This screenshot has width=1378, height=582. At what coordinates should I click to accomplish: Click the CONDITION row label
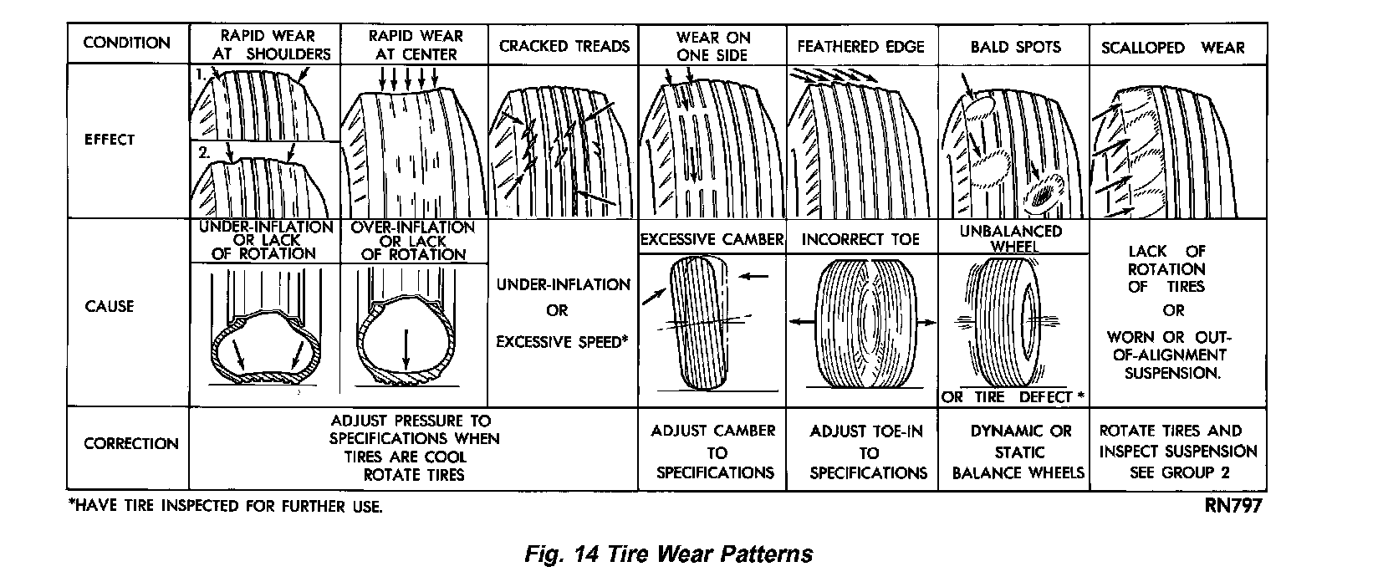click(127, 43)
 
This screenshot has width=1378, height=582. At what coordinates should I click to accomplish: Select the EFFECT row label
click(110, 140)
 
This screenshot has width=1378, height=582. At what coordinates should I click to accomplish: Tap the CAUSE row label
click(110, 306)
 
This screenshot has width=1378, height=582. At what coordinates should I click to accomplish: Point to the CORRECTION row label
click(131, 444)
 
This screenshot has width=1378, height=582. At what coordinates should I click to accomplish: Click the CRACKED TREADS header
click(564, 46)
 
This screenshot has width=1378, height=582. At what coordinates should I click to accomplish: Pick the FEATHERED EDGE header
click(860, 46)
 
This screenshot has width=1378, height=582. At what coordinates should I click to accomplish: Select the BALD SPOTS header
click(1015, 47)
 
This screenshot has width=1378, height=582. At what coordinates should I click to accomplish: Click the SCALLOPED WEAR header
click(1172, 48)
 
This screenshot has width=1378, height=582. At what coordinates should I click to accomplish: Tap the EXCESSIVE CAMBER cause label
click(712, 240)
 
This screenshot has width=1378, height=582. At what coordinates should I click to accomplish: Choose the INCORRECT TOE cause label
click(860, 240)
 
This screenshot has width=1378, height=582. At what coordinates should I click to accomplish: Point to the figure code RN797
click(1233, 506)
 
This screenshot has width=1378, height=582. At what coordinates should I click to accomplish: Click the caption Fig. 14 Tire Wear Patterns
click(668, 554)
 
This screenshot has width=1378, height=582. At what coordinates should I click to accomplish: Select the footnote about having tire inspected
click(226, 507)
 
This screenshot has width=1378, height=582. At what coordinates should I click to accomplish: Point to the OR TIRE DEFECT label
click(1013, 396)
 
